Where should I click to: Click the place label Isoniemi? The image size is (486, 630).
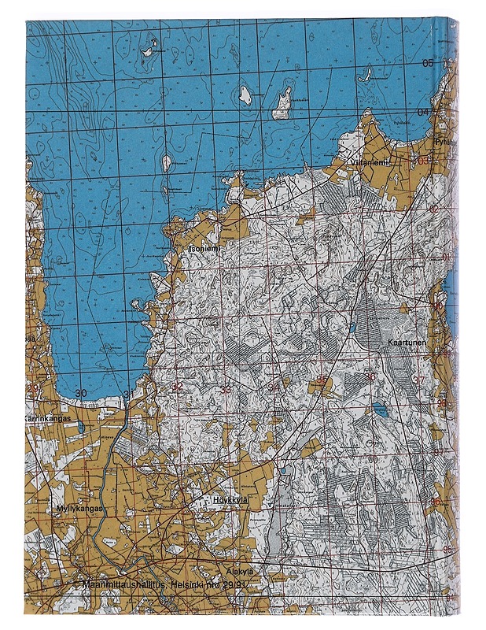click(204, 248)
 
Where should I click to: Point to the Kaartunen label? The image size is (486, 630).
click(407, 343)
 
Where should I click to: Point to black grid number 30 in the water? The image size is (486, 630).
click(80, 392)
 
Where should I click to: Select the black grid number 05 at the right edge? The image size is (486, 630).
click(428, 63)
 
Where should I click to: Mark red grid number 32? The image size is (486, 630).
click(177, 387)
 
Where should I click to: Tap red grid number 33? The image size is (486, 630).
click(226, 389)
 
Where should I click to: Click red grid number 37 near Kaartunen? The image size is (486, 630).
click(418, 380)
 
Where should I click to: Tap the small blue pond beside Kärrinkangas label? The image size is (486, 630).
click(79, 426)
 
